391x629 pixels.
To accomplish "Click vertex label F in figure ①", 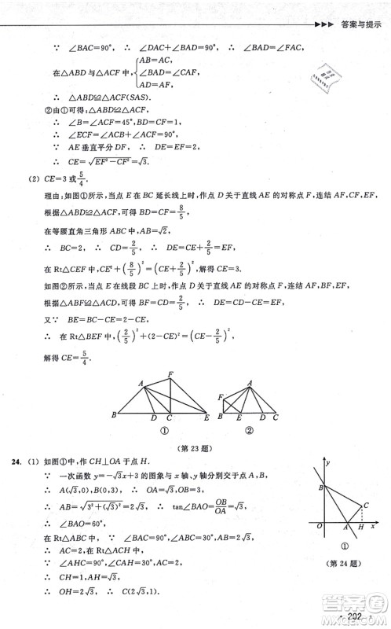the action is tap(170, 373).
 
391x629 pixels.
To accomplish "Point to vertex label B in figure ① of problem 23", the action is tap(115, 414).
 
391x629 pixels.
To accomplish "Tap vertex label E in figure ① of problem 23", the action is tap(206, 418).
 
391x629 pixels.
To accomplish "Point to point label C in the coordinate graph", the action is tap(367, 504).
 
